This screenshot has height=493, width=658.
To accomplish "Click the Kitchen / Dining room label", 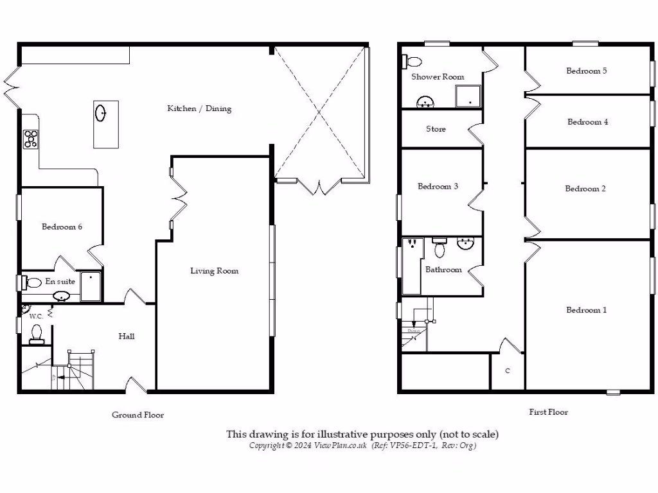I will (x=199, y=108).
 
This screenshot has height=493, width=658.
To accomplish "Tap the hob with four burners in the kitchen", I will (x=31, y=139).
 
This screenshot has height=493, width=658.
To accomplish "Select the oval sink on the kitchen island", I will (x=102, y=113).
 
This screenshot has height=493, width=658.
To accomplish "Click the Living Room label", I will (x=214, y=271).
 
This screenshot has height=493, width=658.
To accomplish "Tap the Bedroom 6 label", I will (x=62, y=227).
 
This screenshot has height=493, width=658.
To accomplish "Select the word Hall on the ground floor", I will (x=127, y=336).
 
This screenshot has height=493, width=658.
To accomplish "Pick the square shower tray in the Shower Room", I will (x=468, y=96).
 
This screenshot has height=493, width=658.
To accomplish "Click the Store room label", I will (x=436, y=129).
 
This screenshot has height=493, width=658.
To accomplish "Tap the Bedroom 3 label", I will (x=438, y=187).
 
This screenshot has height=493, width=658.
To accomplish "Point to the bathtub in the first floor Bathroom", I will (x=411, y=266).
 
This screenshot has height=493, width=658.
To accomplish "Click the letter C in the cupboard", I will (x=508, y=371).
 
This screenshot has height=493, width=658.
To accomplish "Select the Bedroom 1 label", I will (x=586, y=310).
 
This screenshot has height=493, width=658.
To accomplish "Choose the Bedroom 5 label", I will (x=586, y=71).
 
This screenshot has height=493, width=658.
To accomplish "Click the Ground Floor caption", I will (x=138, y=415).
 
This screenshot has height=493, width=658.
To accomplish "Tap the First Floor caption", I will (x=548, y=412).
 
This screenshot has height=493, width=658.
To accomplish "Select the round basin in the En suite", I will (x=62, y=296).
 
